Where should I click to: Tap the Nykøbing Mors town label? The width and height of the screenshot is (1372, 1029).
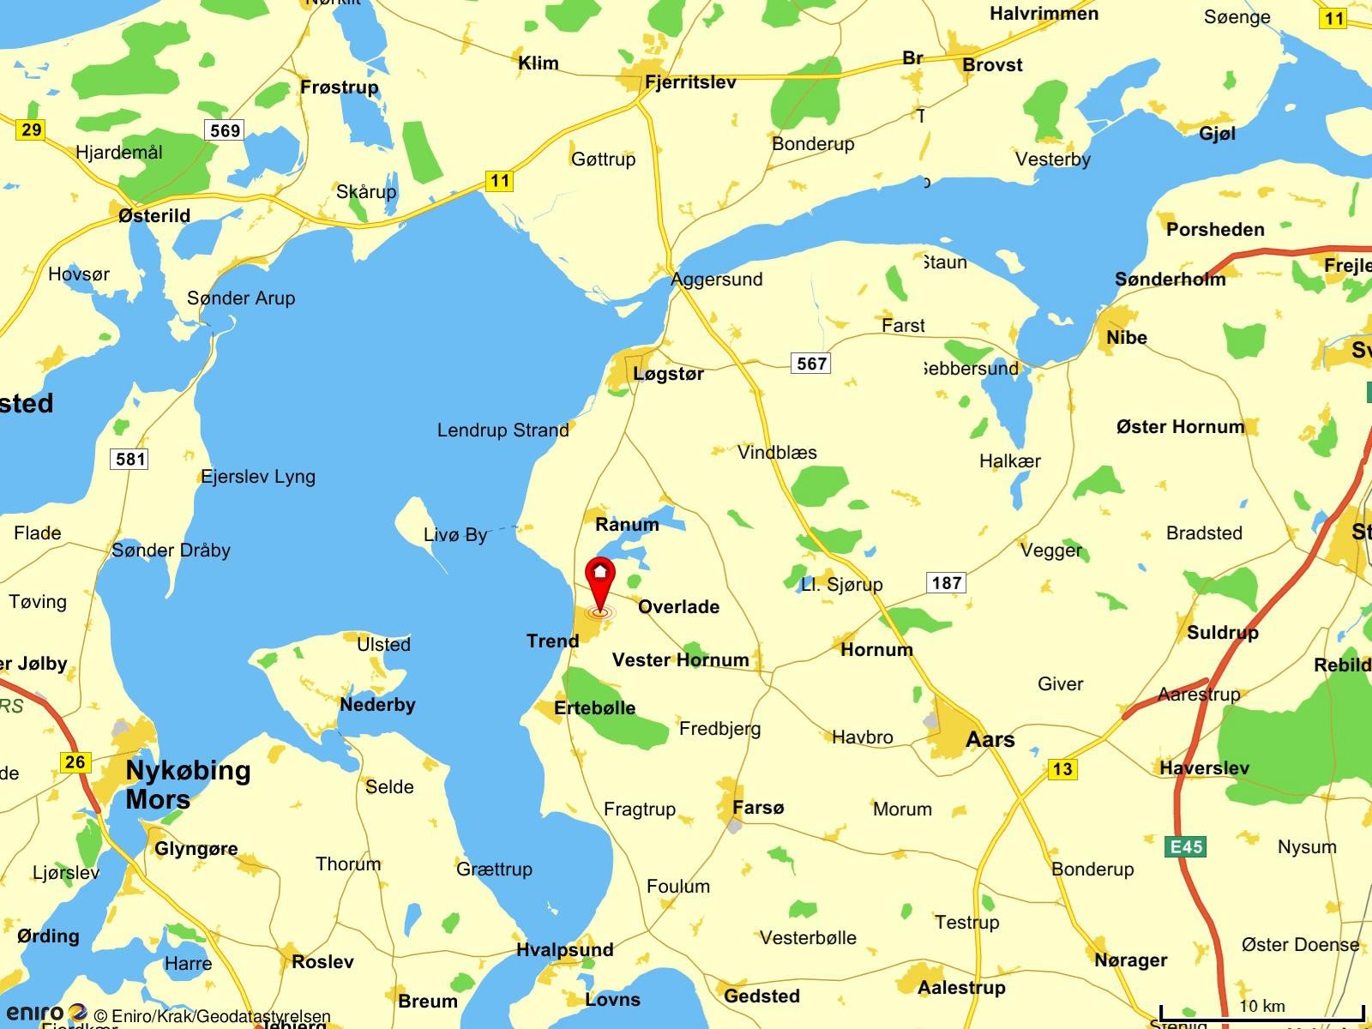click(x=188, y=785)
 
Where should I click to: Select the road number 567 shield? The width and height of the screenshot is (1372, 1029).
click(x=811, y=364)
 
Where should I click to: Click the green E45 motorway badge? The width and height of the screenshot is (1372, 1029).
click(x=1187, y=847)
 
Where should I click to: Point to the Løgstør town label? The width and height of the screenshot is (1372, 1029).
click(x=668, y=374)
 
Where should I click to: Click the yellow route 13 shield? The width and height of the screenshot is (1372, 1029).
click(x=1062, y=769)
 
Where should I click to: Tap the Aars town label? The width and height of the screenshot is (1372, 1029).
click(x=990, y=739)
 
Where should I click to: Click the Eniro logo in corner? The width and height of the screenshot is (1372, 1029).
click(x=47, y=1014)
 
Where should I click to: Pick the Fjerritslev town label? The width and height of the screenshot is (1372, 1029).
click(x=690, y=82)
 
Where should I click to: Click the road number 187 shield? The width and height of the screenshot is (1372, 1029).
click(x=946, y=583)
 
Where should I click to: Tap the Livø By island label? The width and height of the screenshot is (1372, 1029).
click(x=455, y=535)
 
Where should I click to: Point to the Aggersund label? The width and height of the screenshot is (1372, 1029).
click(x=717, y=280)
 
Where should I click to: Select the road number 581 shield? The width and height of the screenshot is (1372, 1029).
click(x=130, y=459)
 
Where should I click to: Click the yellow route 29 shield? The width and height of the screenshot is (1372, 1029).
click(x=31, y=130)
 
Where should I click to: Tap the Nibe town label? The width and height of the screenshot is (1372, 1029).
click(x=1126, y=338)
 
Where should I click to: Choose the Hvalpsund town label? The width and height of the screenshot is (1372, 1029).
click(x=565, y=949)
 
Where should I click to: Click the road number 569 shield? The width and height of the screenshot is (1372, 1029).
click(x=225, y=130)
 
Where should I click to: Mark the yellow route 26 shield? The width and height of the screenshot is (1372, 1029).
click(x=75, y=761)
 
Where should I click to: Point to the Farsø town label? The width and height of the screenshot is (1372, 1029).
click(x=758, y=807)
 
